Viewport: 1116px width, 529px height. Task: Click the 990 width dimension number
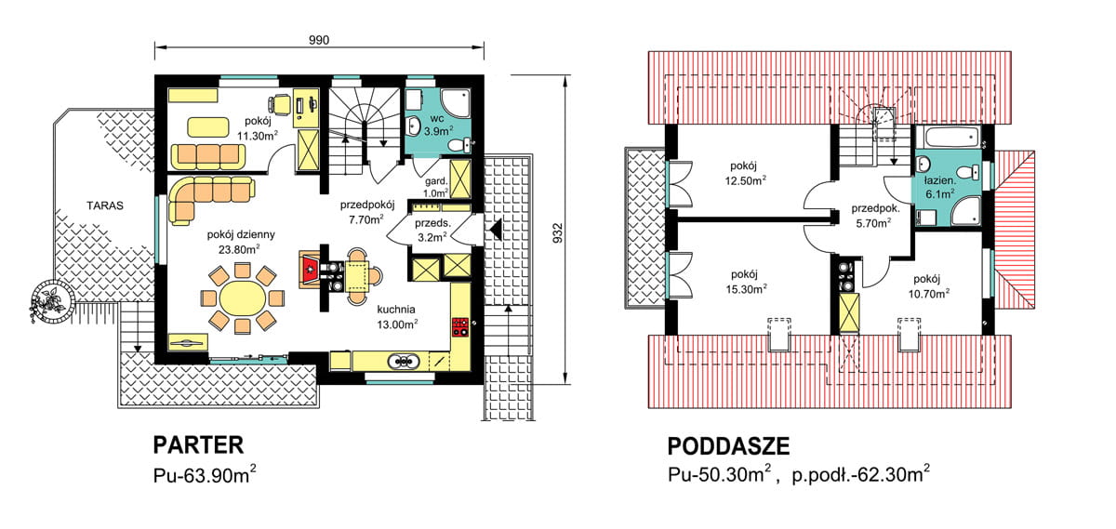319,40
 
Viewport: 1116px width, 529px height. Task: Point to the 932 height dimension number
557,232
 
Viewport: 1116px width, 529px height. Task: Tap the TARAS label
104,205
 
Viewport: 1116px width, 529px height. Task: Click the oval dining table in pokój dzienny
243,298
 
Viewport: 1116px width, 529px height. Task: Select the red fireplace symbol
311,270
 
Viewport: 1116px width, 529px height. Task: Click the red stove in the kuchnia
460,325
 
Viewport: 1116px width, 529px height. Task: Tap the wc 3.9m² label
438,126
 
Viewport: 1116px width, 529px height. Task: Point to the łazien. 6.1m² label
940,187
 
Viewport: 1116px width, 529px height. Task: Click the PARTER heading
198,444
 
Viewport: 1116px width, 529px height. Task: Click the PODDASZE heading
728,446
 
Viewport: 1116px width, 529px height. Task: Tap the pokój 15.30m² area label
746,282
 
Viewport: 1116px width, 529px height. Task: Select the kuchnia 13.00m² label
396,317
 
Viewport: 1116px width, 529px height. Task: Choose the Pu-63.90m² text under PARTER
205,475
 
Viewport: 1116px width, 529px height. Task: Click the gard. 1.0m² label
436,187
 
